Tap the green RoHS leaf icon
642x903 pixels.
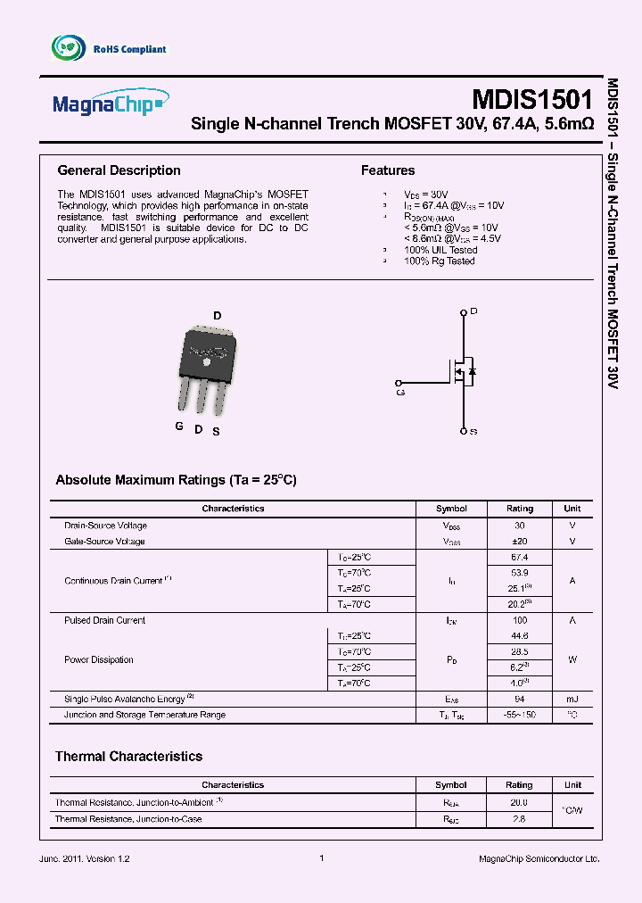tap(69, 48)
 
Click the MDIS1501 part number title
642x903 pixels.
tap(531, 98)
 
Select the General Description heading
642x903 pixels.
tap(119, 170)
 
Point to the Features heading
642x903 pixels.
tap(387, 170)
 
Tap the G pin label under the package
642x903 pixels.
tap(179, 427)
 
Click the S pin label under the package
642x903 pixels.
tap(216, 431)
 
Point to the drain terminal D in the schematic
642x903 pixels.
tap(473, 311)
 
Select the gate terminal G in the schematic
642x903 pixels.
tap(399, 391)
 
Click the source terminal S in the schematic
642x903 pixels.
tap(473, 431)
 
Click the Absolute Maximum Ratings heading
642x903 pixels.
tap(176, 480)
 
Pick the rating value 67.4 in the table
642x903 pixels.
tap(519, 557)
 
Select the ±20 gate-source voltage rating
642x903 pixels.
tap(519, 542)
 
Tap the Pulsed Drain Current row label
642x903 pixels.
tap(104, 620)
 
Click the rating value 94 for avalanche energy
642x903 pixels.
tap(519, 699)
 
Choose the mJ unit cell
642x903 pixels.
tap(572, 699)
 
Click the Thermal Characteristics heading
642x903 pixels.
tap(128, 757)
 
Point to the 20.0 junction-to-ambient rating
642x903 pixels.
tap(519, 802)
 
